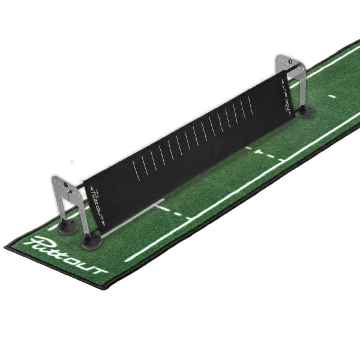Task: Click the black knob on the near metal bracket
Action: (x=65, y=185)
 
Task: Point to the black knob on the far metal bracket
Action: (x=290, y=62)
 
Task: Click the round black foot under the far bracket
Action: (x=306, y=112)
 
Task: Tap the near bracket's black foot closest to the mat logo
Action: (x=91, y=242)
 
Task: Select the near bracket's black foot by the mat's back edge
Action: (x=68, y=226)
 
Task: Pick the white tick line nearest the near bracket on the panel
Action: (x=136, y=170)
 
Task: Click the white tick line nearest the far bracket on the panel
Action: (x=250, y=105)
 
